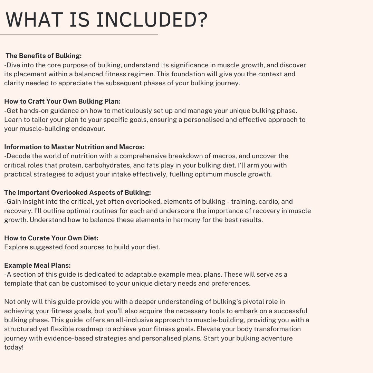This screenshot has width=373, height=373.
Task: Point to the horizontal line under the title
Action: point(79,35)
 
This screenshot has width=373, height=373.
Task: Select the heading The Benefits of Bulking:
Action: point(44,56)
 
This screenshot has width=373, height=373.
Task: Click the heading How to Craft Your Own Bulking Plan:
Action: point(62,101)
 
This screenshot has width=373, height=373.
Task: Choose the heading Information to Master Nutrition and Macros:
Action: point(74,147)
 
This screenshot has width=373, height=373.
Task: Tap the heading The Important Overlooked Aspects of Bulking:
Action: point(77,192)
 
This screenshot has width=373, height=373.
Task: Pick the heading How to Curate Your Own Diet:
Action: point(51,238)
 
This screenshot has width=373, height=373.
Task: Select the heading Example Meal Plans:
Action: point(37,265)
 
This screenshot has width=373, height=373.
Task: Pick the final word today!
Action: point(14,347)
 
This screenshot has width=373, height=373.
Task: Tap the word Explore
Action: point(16,247)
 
